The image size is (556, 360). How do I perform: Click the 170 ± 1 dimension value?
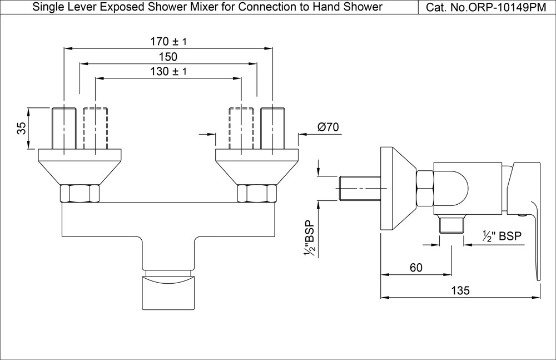coord(168,42)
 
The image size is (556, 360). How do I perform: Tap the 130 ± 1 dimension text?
coord(168,72)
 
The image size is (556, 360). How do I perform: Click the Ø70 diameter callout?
coord(328,127)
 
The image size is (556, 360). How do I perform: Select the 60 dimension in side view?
coord(415,268)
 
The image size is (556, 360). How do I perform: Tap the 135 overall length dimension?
coord(460,290)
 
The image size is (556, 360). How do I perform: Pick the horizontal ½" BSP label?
coord(502,236)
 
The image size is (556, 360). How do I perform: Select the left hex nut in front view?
coord(80,193)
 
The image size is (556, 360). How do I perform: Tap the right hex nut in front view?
coord(256,193)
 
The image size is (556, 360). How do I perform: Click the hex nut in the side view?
coord(425,188)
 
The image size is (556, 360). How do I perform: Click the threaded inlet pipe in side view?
coord(359,188)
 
